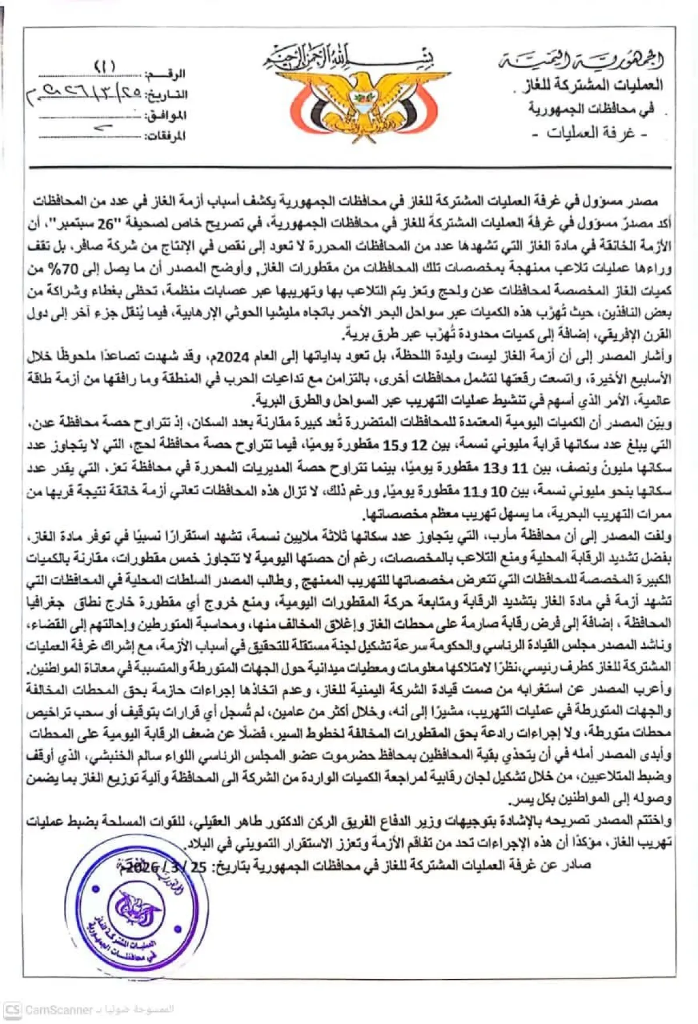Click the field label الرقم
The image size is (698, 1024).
tap(172, 74)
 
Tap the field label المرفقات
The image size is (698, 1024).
tap(165, 137)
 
